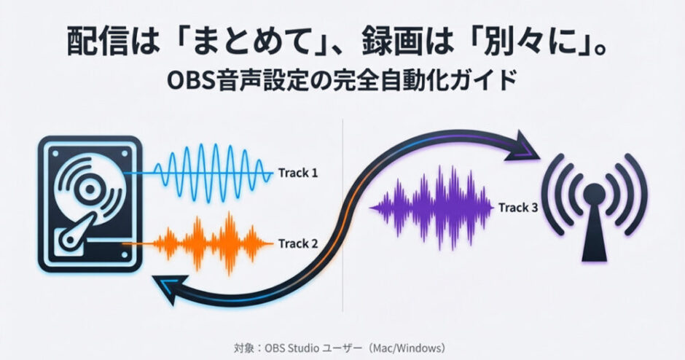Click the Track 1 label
[298, 173]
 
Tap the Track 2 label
[298, 243]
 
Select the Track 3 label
[518, 208]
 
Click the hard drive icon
[90, 204]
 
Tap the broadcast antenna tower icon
[594, 207]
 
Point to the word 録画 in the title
[389, 42]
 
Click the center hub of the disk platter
[90, 189]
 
